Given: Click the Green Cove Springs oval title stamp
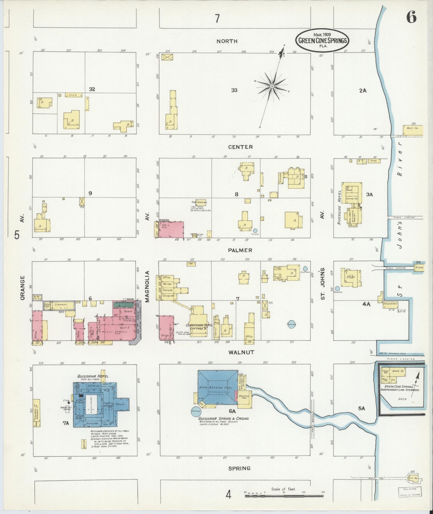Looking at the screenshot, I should tap(323, 40).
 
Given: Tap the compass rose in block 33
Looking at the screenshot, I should tap(272, 86).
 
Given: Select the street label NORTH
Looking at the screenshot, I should tap(227, 41).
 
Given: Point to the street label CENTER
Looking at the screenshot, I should tap(240, 147).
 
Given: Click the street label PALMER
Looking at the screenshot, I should tap(239, 250).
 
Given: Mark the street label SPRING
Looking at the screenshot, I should tap(239, 468).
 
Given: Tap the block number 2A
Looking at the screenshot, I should tap(363, 90).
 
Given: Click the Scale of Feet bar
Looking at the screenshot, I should tap(284, 496).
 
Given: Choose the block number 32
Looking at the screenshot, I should tap(92, 89).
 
